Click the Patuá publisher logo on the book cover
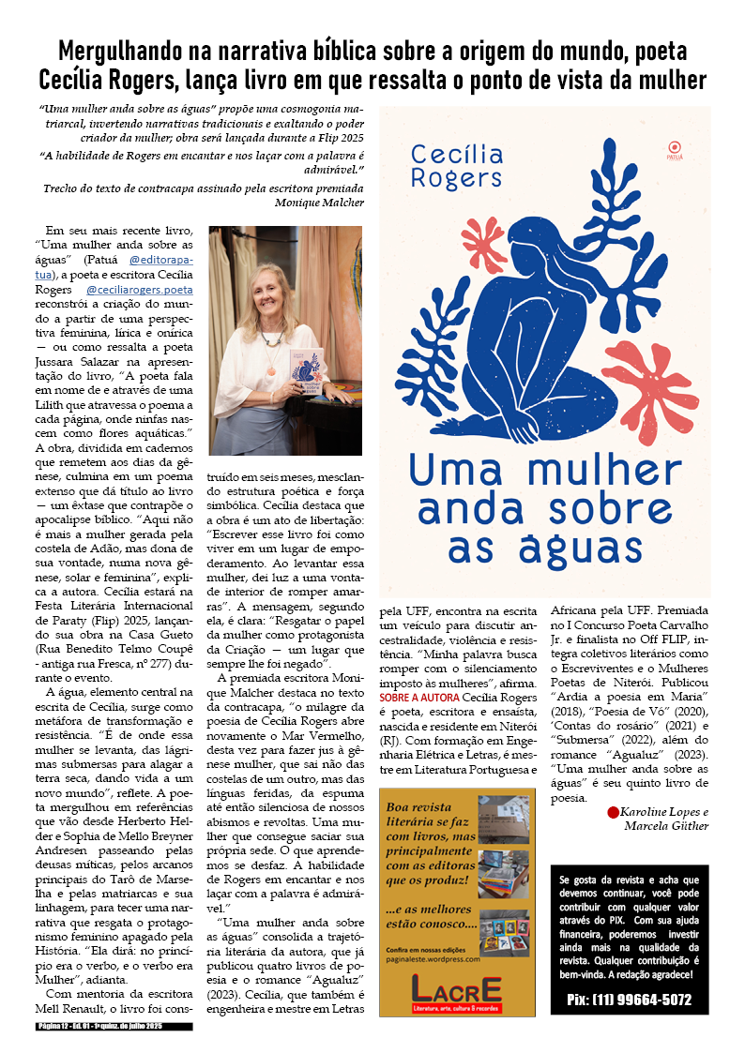(x=671, y=147)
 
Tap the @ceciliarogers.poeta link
(x=139, y=291)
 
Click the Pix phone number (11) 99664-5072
(x=630, y=1000)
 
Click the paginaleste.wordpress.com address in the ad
(x=433, y=959)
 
